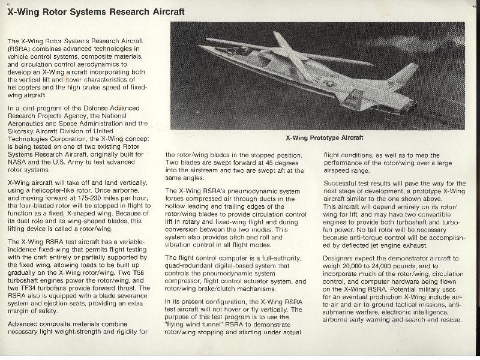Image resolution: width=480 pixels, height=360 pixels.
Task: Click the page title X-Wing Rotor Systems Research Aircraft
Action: tap(95, 12)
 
